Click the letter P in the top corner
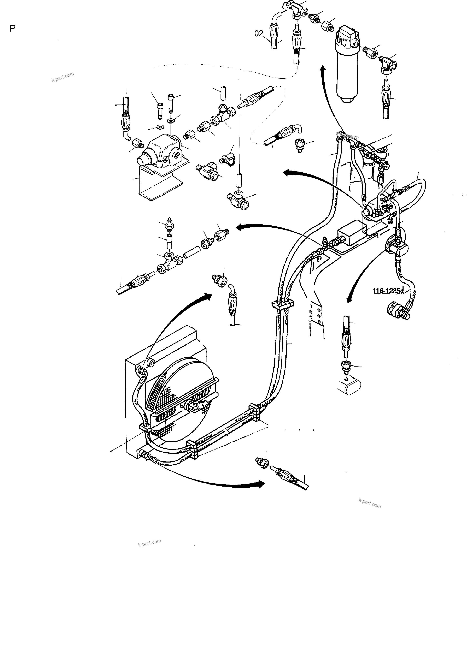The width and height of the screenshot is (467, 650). (13, 28)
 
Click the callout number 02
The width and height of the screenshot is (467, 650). (259, 34)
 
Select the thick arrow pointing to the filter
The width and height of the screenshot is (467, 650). (324, 70)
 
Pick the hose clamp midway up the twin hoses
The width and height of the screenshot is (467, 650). (282, 305)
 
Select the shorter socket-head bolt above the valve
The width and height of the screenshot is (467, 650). (160, 110)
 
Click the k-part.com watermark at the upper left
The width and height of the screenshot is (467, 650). (63, 77)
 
